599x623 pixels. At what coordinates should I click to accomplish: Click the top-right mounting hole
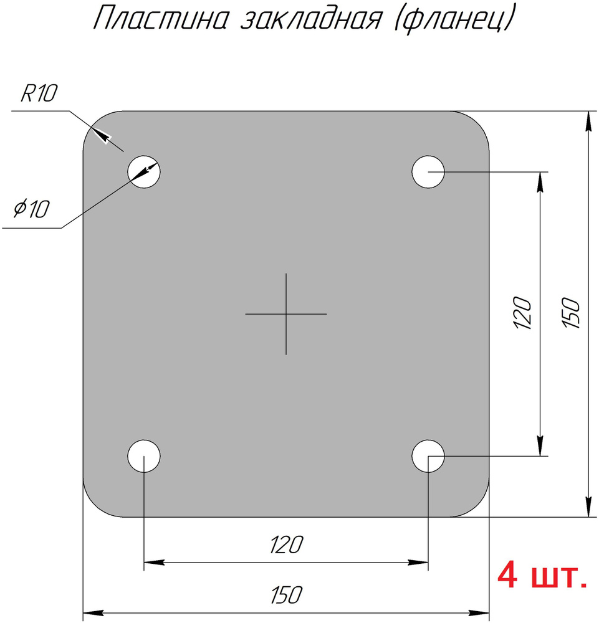tap(428, 171)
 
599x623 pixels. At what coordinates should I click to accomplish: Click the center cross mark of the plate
tap(286, 314)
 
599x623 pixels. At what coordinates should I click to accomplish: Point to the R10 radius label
tap(39, 95)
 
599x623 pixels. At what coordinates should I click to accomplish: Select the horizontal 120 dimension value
tap(286, 545)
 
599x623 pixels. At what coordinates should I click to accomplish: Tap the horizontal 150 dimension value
tap(286, 595)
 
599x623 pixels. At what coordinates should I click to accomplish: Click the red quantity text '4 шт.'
tap(542, 576)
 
